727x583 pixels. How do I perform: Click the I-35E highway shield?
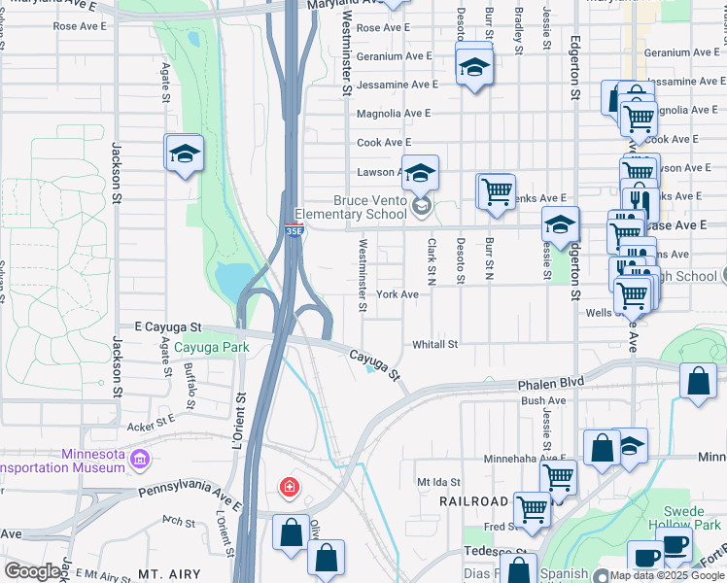coord(294,229)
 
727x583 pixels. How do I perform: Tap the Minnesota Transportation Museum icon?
coord(140,458)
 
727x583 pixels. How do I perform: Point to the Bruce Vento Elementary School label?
coord(357,208)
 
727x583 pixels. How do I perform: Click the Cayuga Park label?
coord(212,347)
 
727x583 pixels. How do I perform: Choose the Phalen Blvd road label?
coord(551,383)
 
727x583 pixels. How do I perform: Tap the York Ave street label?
coord(398,294)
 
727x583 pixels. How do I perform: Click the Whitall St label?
coord(434,344)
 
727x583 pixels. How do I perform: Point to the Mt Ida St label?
coord(437,481)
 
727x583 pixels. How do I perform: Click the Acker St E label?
coord(150,422)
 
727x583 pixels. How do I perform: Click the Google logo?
coord(33,571)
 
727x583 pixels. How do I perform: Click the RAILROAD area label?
coord(473,501)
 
